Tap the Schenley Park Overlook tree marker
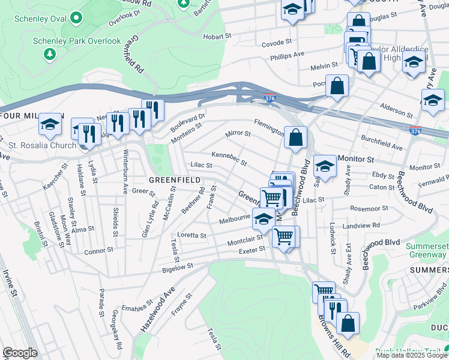coord(49,54)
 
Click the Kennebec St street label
coord(229,159)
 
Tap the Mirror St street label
coord(237,133)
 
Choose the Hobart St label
coord(217,36)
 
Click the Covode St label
coord(276,43)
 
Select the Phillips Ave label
coord(287,55)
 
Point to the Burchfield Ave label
coord(381,145)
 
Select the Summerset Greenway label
coord(426,251)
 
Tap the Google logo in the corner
coord(20,353)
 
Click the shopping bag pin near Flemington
coord(295,137)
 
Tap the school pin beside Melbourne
coord(264,220)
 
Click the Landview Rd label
coord(367,225)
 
